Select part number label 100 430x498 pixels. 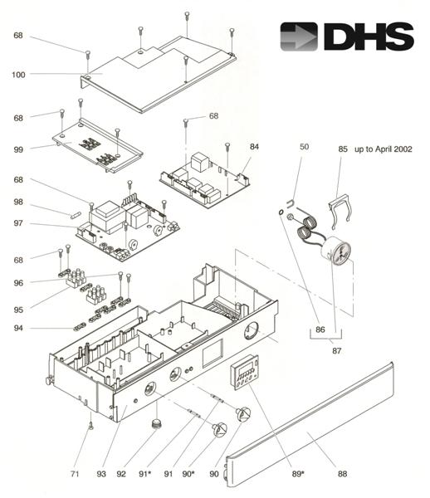(x=18, y=75)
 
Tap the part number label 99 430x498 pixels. (x=18, y=149)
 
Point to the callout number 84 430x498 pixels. (x=255, y=146)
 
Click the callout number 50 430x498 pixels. (x=304, y=146)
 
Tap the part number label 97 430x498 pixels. (x=18, y=223)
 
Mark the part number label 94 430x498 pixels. (x=18, y=329)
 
